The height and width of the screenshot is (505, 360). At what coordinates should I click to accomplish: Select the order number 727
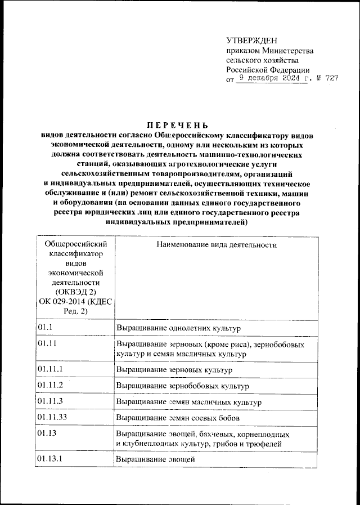click(331, 79)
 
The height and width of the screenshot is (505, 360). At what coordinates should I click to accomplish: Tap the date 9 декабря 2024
click(269, 79)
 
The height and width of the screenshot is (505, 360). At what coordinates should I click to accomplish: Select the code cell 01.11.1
click(49, 369)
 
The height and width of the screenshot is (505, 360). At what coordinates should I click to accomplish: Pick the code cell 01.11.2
click(49, 386)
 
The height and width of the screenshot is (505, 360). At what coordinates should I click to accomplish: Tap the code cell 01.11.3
click(49, 402)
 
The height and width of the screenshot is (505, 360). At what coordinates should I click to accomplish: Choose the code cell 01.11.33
click(52, 418)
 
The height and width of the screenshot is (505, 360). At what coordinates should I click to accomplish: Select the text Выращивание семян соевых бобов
click(178, 419)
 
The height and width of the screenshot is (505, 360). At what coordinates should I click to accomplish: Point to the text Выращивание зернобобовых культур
click(182, 386)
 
